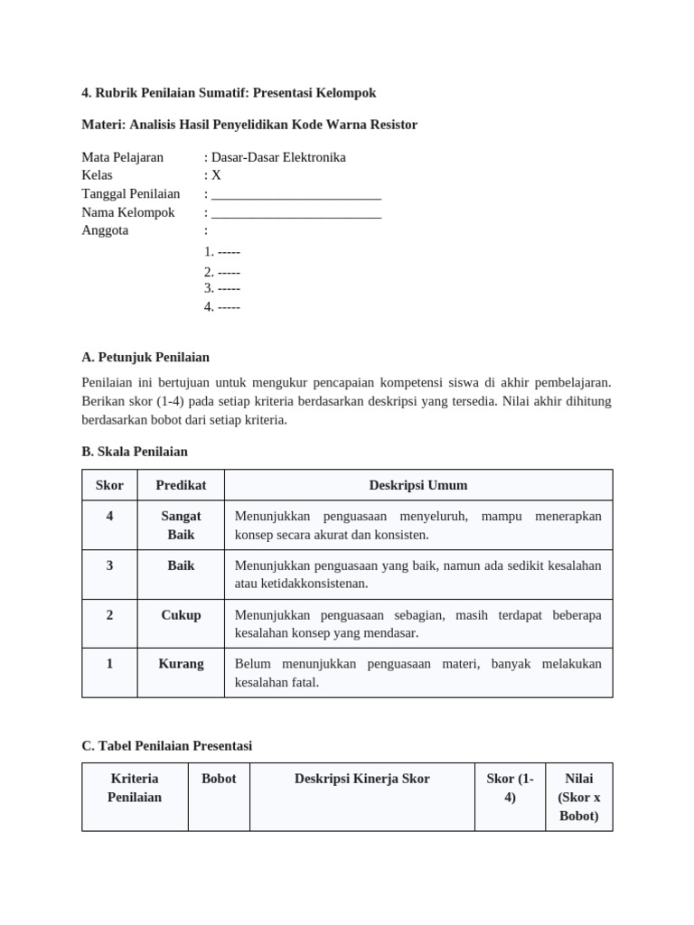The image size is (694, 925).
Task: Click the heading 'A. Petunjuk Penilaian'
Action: [145, 357]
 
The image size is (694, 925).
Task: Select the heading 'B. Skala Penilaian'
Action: [135, 451]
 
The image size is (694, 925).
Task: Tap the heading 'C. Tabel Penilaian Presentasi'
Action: [166, 745]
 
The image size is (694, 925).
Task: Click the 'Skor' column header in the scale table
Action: [109, 485]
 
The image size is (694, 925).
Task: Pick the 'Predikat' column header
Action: [181, 485]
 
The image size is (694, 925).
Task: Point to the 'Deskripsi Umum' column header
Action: [417, 485]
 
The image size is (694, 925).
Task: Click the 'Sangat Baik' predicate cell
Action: [181, 525]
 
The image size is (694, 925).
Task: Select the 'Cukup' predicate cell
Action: [181, 615]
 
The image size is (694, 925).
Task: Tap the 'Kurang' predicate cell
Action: [181, 664]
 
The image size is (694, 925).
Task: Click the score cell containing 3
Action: [109, 565]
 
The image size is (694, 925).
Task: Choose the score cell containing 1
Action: [109, 664]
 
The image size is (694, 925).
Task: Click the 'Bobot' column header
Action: [219, 779]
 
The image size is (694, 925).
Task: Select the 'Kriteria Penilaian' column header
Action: [135, 788]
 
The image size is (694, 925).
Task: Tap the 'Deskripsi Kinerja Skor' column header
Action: [361, 779]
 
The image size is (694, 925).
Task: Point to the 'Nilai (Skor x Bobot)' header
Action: [578, 797]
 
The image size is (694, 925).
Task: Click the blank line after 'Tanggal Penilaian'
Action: [295, 194]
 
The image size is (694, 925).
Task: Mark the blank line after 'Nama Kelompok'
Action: [295, 213]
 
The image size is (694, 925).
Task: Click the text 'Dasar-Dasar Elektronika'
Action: [278, 157]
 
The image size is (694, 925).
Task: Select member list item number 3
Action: [222, 288]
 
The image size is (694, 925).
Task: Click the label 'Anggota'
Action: [105, 230]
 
